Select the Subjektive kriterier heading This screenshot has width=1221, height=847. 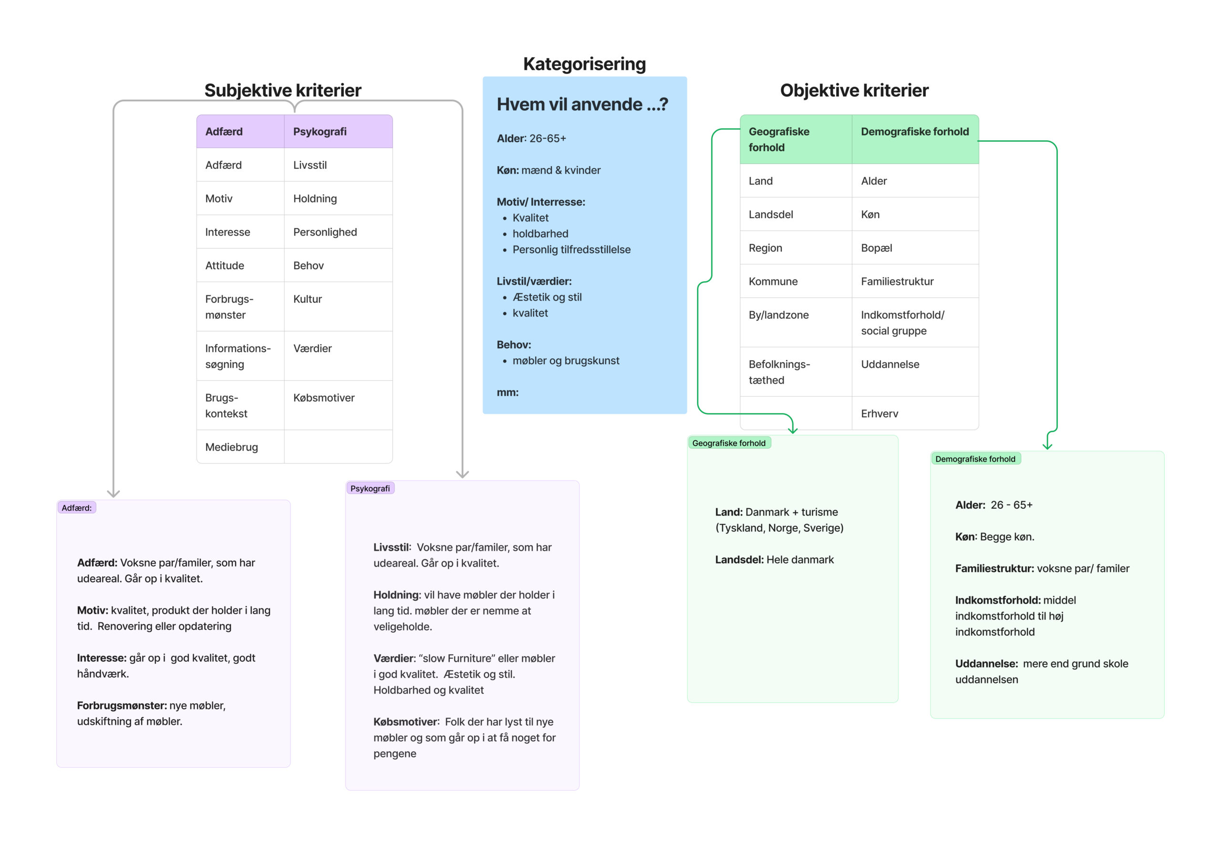pyautogui.click(x=283, y=90)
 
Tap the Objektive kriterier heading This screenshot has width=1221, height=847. pyautogui.click(x=854, y=90)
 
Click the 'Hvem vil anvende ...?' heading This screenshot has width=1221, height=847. pyautogui.click(x=582, y=104)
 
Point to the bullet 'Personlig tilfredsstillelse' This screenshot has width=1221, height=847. pyautogui.click(x=571, y=250)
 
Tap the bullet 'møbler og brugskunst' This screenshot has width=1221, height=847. pyautogui.click(x=565, y=360)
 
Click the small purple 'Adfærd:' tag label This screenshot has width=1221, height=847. pyautogui.click(x=76, y=508)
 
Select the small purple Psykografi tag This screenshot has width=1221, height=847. pyautogui.click(x=370, y=488)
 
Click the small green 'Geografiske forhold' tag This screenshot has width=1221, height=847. pyautogui.click(x=729, y=443)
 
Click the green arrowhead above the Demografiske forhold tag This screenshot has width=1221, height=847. pyautogui.click(x=1047, y=446)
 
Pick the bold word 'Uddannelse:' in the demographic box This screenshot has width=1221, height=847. pyautogui.click(x=986, y=663)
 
